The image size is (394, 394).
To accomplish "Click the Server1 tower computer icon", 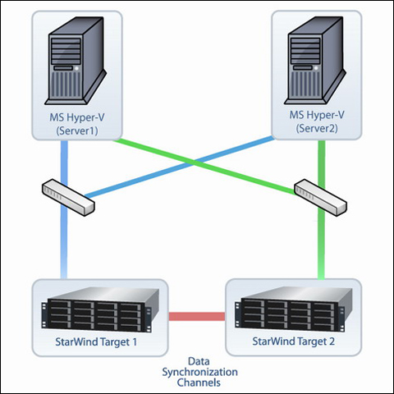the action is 76,61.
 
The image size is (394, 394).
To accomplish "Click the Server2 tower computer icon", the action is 315,60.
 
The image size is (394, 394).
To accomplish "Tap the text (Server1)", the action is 77,131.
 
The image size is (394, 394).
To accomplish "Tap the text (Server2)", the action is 317,128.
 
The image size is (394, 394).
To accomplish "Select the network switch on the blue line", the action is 68,197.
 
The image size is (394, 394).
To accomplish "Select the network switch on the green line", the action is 320,198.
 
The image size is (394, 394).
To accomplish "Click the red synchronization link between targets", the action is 197,316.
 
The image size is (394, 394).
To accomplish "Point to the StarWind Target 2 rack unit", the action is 293,309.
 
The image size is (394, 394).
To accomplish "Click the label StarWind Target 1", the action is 96,342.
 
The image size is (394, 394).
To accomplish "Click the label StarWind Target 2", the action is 293,341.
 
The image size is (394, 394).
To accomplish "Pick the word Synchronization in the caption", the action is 199,373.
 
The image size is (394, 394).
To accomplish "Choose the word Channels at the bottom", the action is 199,383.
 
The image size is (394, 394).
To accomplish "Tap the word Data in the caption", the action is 199,361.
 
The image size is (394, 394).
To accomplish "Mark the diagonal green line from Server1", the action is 204,167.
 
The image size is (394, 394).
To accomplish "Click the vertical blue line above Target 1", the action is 64,209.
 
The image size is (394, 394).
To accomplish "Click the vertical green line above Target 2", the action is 322,210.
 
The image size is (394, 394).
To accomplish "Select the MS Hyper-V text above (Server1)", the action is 77,117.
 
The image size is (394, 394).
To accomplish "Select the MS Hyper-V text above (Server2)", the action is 317,115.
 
